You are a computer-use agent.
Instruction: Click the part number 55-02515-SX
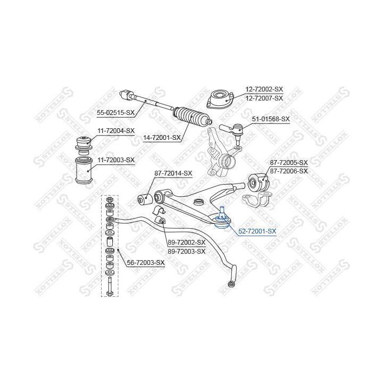coord(115,113)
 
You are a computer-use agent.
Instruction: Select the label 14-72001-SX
coord(162,138)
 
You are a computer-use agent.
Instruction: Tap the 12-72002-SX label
coord(264,89)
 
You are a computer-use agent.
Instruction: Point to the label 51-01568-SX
coord(271,119)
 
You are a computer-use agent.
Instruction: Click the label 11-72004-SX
coord(116,131)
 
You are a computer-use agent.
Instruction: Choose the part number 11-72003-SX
coord(116,160)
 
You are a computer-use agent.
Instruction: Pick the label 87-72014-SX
coord(173,173)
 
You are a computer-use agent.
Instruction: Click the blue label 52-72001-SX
coord(257,231)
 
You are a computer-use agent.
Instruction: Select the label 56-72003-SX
coord(146,263)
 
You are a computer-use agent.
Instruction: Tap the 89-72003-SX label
coord(187,252)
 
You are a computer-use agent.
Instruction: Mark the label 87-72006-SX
coord(289,171)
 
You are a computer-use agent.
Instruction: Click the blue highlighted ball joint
coord(221,219)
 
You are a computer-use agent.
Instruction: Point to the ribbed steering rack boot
coord(192,116)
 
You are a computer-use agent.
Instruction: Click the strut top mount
coord(220,99)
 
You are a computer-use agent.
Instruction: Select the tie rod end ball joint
coord(232,130)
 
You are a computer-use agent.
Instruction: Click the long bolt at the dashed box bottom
coord(110,286)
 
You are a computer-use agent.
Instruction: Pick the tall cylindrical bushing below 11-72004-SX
coord(84,171)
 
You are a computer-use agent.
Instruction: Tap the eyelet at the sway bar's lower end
coord(230,284)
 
